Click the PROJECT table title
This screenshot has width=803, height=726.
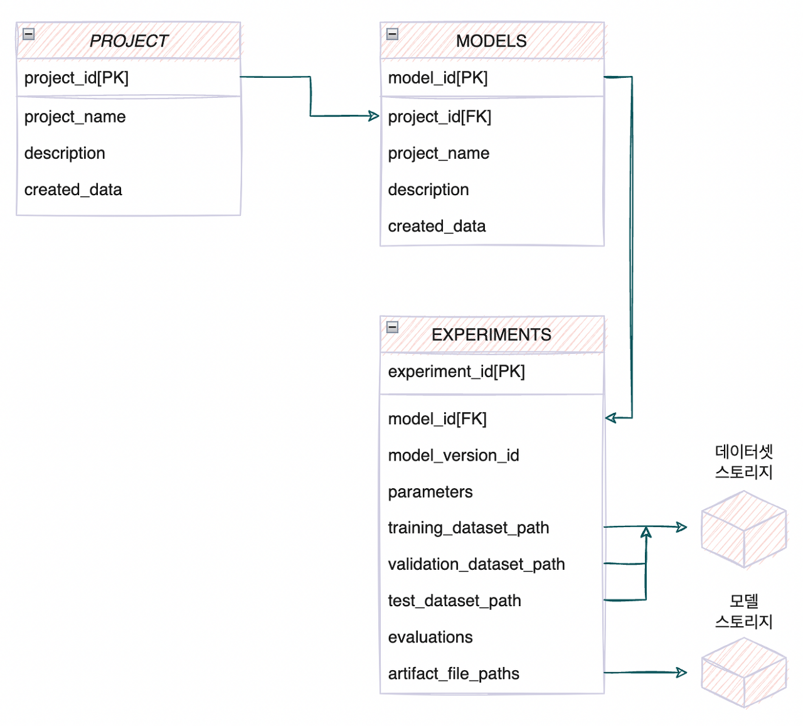(x=129, y=41)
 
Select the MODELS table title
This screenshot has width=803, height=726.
(x=491, y=41)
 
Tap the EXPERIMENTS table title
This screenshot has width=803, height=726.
(x=491, y=334)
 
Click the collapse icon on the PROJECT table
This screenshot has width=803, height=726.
(x=28, y=34)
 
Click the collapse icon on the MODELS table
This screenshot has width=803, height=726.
(x=392, y=34)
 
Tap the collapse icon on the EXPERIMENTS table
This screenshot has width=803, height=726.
(x=392, y=327)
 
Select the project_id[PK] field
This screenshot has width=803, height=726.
(x=77, y=78)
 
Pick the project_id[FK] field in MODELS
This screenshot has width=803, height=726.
(x=440, y=117)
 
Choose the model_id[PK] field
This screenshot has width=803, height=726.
(x=438, y=78)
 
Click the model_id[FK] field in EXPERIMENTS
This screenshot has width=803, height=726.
(x=437, y=419)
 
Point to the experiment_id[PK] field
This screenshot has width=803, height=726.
(x=456, y=371)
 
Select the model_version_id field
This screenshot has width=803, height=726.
(x=454, y=456)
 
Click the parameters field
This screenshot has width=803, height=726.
(x=430, y=492)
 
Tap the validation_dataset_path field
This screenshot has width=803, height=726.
(x=476, y=564)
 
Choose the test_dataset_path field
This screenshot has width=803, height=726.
(x=454, y=601)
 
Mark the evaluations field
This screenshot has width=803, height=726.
(x=430, y=637)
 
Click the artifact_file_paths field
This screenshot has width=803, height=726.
(x=454, y=673)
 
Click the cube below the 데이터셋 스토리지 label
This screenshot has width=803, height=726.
(x=744, y=530)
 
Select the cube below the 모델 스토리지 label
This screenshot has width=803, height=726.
(x=744, y=673)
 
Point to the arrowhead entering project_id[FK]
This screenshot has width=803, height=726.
(x=374, y=116)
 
